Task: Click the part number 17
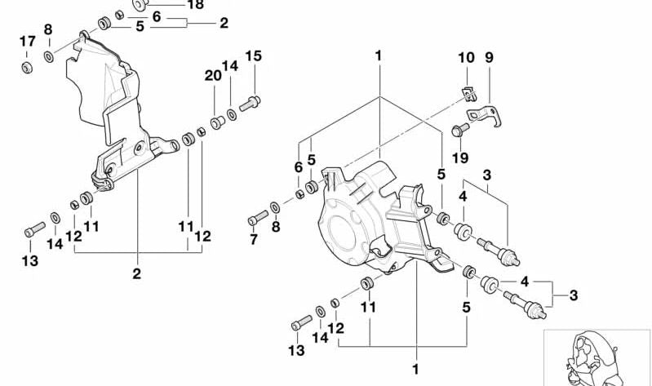[x=27, y=42]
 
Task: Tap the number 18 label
[x=195, y=5]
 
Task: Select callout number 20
[x=213, y=75]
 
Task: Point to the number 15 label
[x=254, y=56]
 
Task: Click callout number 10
[x=465, y=58]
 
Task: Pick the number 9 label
[x=489, y=58]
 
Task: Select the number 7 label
[x=253, y=239]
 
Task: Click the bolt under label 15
[x=252, y=102]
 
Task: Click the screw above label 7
[x=258, y=218]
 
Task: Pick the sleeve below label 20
[x=218, y=122]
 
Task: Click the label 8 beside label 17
[x=48, y=30]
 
